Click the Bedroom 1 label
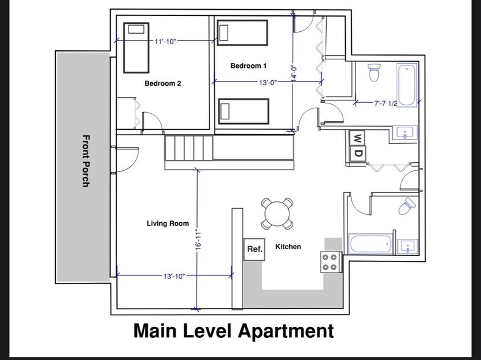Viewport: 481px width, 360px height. (248, 66)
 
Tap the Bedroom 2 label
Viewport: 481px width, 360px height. (163, 83)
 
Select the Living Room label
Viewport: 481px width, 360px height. (168, 223)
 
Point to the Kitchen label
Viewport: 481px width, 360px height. (288, 247)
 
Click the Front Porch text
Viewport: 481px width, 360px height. (86, 161)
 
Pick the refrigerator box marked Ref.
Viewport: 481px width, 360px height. (255, 250)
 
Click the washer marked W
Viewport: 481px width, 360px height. (357, 138)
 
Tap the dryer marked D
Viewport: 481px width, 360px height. (357, 153)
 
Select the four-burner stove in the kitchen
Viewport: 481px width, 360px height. (331, 262)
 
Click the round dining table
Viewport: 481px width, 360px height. (277, 214)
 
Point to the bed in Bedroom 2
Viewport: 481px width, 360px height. (136, 48)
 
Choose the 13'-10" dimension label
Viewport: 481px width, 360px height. (174, 276)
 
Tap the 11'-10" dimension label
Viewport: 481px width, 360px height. (165, 42)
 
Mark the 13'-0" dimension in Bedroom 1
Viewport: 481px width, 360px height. (268, 82)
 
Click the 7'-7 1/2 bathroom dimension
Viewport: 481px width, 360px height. (386, 103)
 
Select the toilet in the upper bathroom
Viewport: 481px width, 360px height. (374, 72)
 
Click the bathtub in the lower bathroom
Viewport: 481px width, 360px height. (370, 244)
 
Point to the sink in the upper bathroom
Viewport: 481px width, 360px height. (405, 133)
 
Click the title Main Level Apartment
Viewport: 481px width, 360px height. (234, 331)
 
